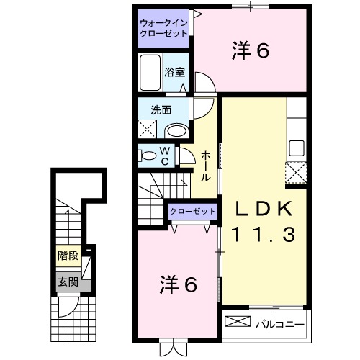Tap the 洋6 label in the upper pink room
[x=250, y=51]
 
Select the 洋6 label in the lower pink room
[x=178, y=284]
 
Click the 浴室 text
[x=174, y=72]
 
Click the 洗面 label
[x=160, y=111]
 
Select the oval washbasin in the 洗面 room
[x=176, y=130]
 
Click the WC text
[x=164, y=156]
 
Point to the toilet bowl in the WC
[x=148, y=156]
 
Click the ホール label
[x=206, y=166]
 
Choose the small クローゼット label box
[x=192, y=211]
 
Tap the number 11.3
[x=264, y=234]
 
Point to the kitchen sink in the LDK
[x=297, y=149]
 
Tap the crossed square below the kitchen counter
[x=297, y=174]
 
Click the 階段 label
[x=68, y=255]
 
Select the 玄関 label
[x=68, y=282]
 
